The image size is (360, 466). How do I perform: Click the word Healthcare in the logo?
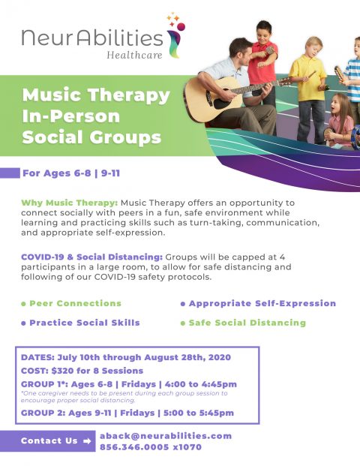coord(136,54)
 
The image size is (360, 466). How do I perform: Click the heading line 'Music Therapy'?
coord(96,95)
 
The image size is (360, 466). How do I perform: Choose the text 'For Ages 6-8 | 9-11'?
coord(73,173)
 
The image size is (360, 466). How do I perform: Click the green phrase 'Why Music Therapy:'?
coord(69,203)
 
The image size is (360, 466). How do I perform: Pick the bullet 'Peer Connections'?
coord(74,303)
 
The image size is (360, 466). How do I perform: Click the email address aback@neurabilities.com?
coord(166,435)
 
